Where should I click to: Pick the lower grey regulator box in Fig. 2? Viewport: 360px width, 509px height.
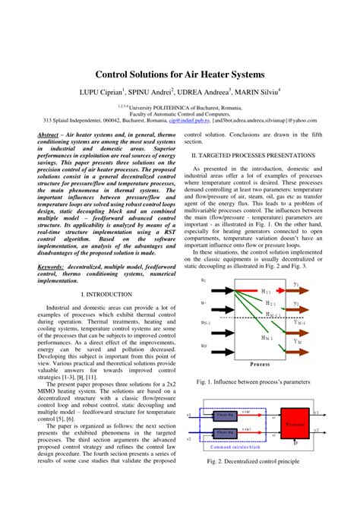[226, 432]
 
